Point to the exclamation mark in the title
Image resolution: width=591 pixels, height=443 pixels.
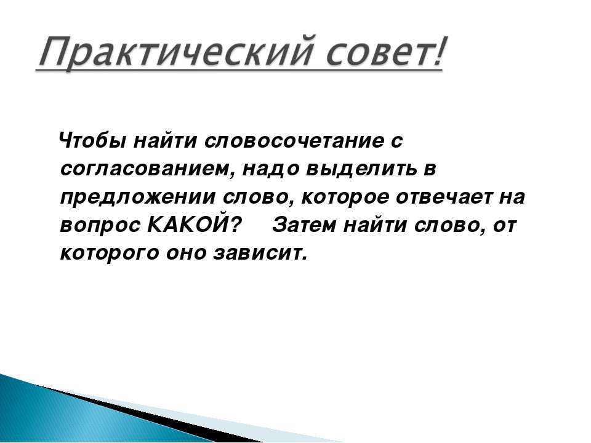[x=438, y=51]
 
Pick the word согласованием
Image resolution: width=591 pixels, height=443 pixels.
[x=147, y=169]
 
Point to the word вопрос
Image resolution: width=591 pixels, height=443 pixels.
[x=100, y=226]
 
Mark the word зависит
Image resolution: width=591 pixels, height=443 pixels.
[x=260, y=253]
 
